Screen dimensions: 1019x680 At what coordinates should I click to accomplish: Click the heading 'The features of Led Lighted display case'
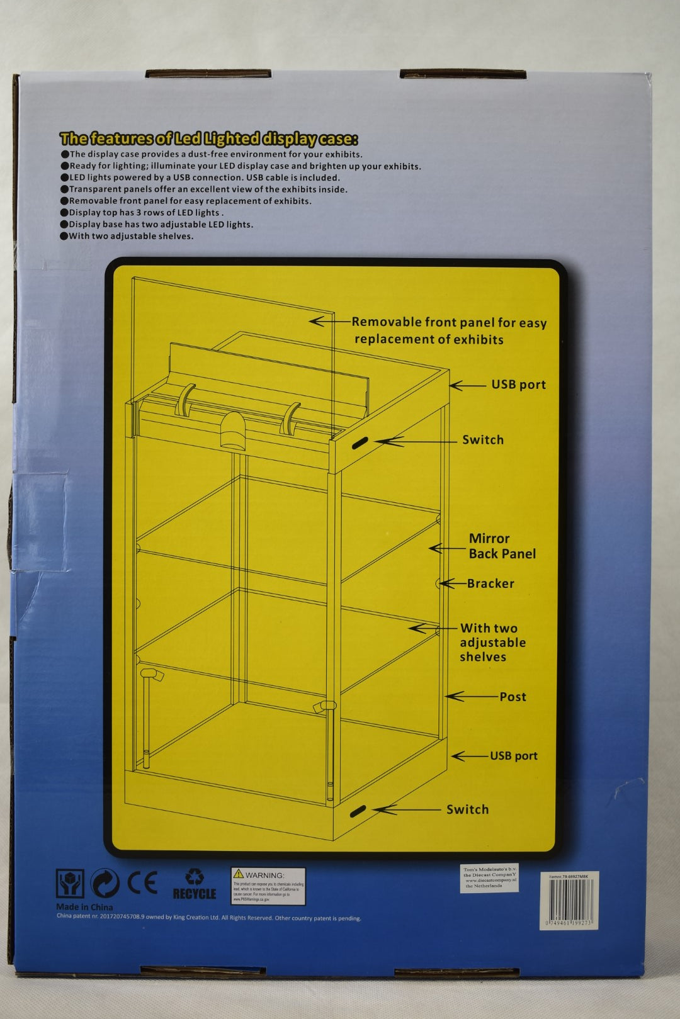208,138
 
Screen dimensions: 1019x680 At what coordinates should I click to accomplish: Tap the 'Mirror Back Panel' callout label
502,546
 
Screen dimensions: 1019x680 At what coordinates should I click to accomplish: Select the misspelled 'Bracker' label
490,583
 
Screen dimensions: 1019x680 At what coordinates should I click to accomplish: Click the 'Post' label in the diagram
513,697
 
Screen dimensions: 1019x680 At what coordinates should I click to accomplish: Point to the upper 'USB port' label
518,385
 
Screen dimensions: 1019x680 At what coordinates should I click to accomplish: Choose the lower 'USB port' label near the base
513,756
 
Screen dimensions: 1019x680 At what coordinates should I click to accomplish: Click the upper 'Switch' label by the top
482,440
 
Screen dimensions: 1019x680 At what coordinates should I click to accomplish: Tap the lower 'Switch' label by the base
467,809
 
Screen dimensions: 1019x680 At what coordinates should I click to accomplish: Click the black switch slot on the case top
360,443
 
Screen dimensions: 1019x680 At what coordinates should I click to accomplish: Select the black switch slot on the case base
358,811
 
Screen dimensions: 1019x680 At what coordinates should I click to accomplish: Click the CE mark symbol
142,883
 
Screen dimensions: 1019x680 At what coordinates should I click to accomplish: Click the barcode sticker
569,901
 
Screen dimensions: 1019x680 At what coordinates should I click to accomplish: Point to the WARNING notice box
268,886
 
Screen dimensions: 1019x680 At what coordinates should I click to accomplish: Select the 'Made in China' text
84,907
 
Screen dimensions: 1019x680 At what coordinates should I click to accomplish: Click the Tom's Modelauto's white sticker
489,877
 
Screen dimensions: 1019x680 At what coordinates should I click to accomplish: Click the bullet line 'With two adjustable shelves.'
130,236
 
